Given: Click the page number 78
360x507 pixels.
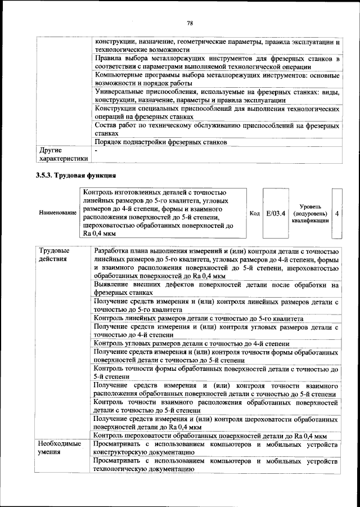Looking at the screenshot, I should pos(190,23).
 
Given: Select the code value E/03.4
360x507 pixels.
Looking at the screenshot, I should pos(276,213).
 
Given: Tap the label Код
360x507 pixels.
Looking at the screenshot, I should pos(254,213).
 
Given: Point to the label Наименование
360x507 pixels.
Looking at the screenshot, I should pos(57,214).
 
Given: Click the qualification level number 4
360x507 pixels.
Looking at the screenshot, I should pos(336,214).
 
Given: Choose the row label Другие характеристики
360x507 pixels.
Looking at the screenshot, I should pos(61,155).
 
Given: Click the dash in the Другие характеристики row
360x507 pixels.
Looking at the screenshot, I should pos(97,151).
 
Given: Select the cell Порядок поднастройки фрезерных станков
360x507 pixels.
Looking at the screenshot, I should pos(161,142).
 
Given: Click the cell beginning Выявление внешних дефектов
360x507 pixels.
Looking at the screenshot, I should pos(216,289).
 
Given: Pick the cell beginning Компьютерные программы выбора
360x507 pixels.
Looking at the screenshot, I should pos(216,79).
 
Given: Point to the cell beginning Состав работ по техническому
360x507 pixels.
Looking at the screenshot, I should pos(216,129).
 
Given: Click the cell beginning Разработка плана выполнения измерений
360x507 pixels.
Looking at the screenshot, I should pos(216,263).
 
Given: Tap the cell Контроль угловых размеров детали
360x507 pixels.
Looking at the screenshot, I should pos(192,343).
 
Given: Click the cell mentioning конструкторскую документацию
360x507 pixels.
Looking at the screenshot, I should pos(216,448).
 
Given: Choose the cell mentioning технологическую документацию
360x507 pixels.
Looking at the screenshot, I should pos(216,465).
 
